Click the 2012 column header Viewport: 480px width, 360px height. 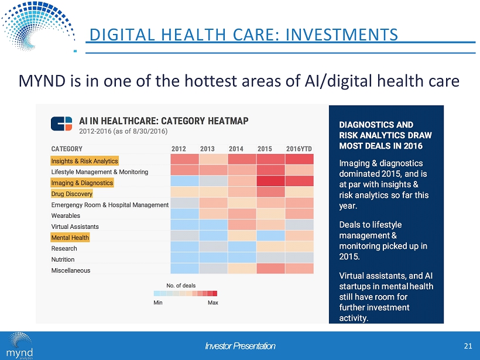click(179, 149)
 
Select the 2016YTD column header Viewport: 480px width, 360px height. click(300, 149)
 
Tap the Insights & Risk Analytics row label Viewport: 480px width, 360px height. click(85, 161)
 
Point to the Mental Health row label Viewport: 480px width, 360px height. click(70, 238)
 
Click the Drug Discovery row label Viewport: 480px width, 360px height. click(72, 194)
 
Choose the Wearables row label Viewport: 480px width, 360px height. click(66, 215)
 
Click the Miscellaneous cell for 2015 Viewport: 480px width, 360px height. click(270, 269)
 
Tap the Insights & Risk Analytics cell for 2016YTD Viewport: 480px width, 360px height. click(300, 160)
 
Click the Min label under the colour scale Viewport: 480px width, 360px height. click(158, 303)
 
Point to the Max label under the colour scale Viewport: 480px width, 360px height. click(213, 303)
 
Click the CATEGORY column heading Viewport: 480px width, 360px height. click(67, 149)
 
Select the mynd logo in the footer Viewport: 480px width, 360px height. click(20, 346)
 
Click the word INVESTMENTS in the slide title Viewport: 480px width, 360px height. click(344, 35)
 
